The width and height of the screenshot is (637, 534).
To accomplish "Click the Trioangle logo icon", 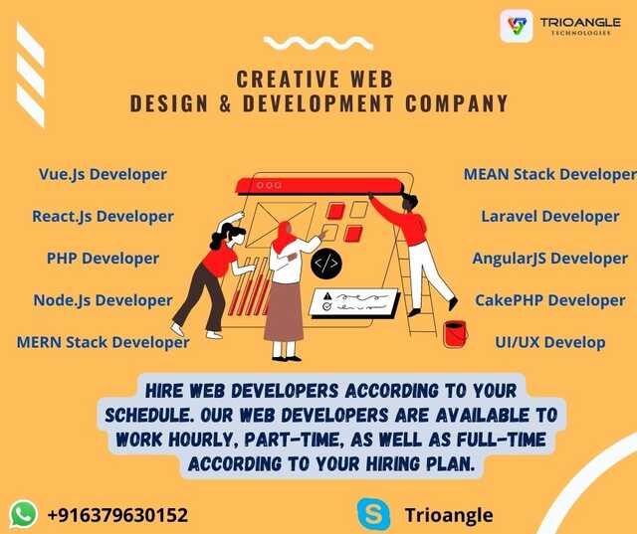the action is tap(517, 26).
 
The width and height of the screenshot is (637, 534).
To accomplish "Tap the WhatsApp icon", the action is tap(24, 514).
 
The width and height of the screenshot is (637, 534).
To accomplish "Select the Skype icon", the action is tap(373, 514).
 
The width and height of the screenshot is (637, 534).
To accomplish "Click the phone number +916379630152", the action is tap(117, 515).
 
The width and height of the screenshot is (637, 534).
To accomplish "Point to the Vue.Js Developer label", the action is tap(103, 174).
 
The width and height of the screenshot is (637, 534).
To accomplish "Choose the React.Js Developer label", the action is tap(103, 216).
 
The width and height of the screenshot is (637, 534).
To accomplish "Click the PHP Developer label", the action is tap(103, 259).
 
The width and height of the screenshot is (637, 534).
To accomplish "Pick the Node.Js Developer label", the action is tap(103, 300).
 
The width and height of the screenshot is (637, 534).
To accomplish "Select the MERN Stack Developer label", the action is tap(103, 342).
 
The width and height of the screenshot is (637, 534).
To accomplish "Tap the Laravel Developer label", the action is tap(550, 216).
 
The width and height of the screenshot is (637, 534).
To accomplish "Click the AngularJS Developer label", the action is tap(550, 259).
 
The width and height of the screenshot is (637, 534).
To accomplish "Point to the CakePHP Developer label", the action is tap(550, 300).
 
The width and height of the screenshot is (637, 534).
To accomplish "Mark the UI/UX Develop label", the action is tap(550, 342).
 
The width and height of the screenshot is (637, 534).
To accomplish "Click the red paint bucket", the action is tap(455, 334).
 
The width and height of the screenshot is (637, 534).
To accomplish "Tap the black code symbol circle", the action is tap(326, 264).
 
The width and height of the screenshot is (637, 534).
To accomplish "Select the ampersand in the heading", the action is tap(225, 103).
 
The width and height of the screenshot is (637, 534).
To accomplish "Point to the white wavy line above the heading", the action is tap(318, 43).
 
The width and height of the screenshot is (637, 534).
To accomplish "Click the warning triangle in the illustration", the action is tap(327, 295).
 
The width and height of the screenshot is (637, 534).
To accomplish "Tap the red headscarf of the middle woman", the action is tap(283, 237).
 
